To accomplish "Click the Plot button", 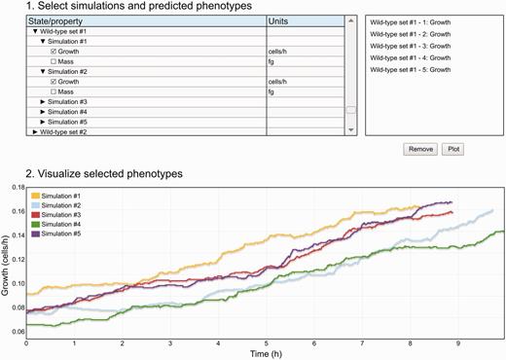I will [453, 150].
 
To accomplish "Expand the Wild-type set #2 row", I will [35, 131].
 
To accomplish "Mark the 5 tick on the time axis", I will [265, 342].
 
